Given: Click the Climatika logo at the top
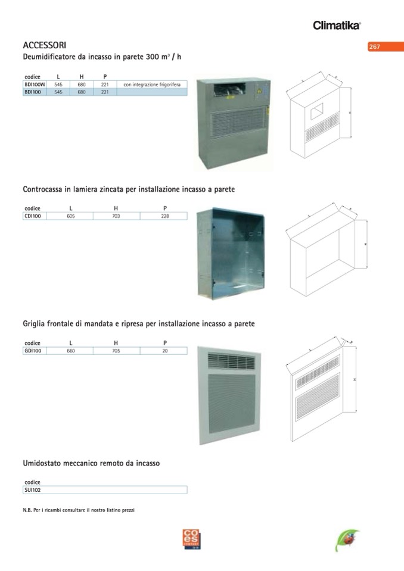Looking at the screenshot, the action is [x=337, y=25].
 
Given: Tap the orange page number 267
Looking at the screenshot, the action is [x=374, y=46].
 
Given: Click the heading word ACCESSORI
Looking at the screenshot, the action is [x=45, y=45].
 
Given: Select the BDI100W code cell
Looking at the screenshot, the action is [x=35, y=85].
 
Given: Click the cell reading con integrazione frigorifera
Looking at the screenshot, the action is [x=152, y=85].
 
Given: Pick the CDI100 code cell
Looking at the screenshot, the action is [x=35, y=216].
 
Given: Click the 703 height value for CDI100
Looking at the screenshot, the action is [x=116, y=216].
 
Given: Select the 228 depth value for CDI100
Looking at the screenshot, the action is [x=165, y=216].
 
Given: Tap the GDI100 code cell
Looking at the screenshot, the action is [x=35, y=351].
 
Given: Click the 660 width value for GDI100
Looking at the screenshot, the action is [x=71, y=351].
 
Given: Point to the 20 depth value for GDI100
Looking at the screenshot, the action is [x=165, y=351].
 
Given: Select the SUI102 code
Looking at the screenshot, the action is [x=32, y=490].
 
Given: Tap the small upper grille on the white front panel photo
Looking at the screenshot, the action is [x=231, y=360].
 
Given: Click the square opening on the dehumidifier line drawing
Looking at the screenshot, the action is [x=317, y=111].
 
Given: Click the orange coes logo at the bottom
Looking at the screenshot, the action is [x=192, y=539].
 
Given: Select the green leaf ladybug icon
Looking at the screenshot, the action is [x=347, y=540].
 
